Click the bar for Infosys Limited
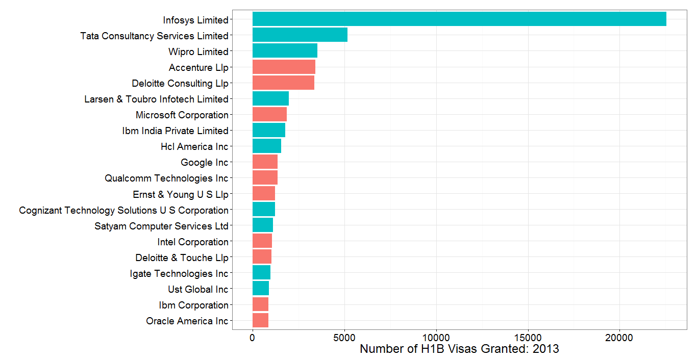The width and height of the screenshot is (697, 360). tap(459, 19)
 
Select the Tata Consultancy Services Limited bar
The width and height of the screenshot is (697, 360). tap(300, 35)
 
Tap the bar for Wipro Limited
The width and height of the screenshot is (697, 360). tap(285, 51)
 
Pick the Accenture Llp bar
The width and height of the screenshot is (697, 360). tap(284, 67)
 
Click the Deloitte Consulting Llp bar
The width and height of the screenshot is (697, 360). tap(283, 83)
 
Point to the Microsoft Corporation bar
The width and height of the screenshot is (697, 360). tap(269, 114)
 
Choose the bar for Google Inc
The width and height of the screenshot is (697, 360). tap(265, 162)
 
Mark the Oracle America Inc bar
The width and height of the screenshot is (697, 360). tap(260, 320)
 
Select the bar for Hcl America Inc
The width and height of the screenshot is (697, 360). tap(267, 146)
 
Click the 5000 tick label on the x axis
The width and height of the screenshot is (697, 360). tap(344, 338)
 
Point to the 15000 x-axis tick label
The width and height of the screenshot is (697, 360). tap(528, 338)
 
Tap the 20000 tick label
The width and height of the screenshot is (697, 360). tap(619, 338)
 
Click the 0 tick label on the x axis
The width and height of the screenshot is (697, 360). tap(253, 338)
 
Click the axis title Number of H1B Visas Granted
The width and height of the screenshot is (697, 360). tap(459, 349)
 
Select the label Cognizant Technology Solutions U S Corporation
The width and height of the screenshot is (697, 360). tap(123, 210)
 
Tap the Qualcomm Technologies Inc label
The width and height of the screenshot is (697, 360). tap(166, 178)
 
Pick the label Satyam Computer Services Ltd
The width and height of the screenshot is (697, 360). tap(161, 226)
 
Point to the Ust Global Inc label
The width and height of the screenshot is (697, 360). tap(198, 289)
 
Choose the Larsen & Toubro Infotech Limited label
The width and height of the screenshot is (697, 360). tap(156, 99)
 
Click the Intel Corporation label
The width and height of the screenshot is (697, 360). tap(193, 242)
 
